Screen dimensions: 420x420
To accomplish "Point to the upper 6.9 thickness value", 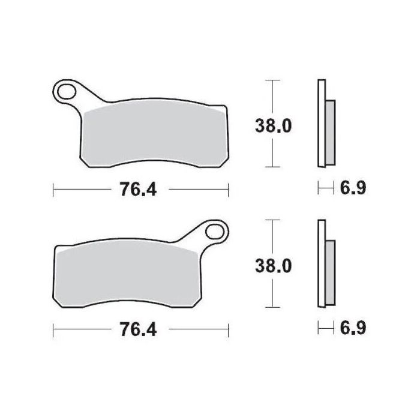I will tap(353, 188).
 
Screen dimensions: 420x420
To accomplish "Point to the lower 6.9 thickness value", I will tap(353, 328).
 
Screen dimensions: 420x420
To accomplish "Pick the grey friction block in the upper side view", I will tap(330, 133).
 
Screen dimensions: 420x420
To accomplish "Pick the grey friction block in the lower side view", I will tap(330, 273).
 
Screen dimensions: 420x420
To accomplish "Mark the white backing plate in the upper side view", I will tap(321, 123).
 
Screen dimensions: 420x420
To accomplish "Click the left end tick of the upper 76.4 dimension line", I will tap(53, 190).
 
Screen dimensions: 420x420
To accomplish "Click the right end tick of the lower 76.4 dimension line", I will tap(229, 329).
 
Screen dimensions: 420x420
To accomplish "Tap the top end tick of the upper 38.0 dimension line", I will tap(273, 80).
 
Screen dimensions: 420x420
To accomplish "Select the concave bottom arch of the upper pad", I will tap(153, 160).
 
